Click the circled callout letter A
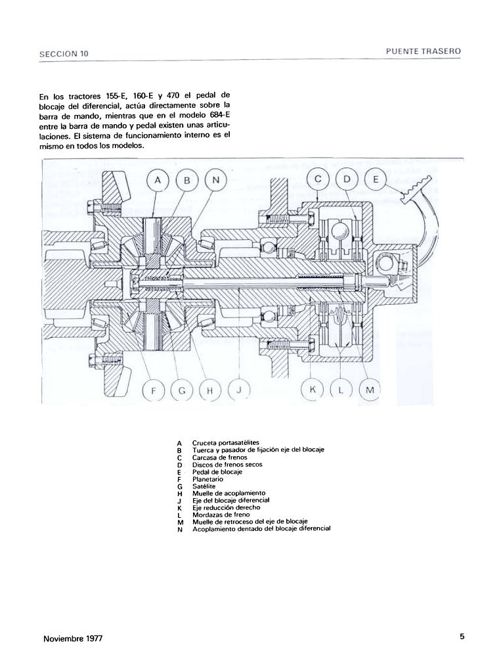click(158, 179)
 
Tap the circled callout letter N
click(216, 179)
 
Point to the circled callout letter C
click(318, 179)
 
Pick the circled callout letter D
click(347, 179)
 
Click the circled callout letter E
click(376, 179)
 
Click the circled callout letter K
click(313, 391)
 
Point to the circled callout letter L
click(341, 391)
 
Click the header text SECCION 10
click(62, 53)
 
